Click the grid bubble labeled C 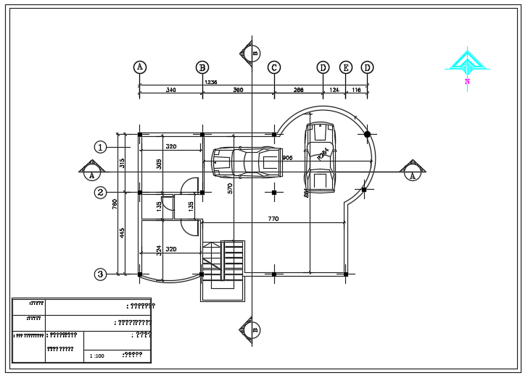point(274,67)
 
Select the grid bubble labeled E point(346,67)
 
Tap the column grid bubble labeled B point(202,67)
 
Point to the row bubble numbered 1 point(101,147)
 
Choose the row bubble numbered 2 point(101,193)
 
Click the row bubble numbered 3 point(101,274)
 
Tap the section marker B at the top point(252,52)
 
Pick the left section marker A point(91,172)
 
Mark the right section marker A point(413,172)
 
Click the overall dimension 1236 point(211,83)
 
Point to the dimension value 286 point(298,91)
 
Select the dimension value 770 point(273,219)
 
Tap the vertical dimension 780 point(115,204)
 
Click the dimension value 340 point(170,91)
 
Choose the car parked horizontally point(247,163)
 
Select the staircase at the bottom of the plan point(224,266)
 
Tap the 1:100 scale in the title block point(96,356)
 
